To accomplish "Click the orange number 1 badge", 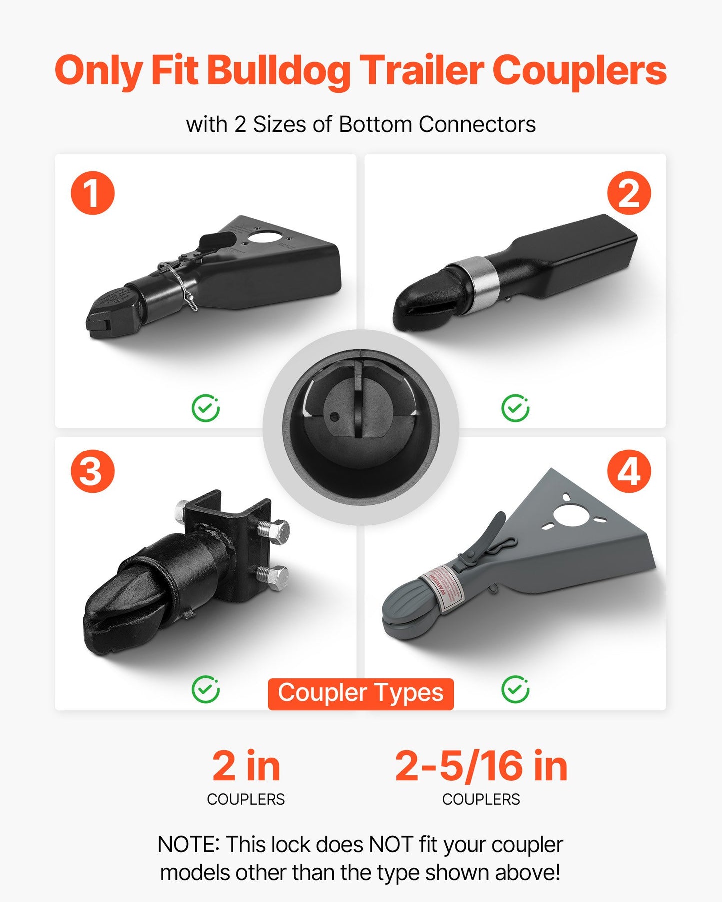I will click(x=93, y=193).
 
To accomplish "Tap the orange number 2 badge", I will click(x=629, y=193).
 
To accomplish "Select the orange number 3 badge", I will click(x=93, y=471).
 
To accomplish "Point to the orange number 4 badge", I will click(x=629, y=471).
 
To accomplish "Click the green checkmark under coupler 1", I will click(x=205, y=408).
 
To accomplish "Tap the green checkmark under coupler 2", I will click(x=515, y=408).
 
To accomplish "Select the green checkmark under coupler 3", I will click(x=205, y=690).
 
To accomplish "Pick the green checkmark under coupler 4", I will click(x=515, y=690).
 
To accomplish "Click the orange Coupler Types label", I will click(x=361, y=694).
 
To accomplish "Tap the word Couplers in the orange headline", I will click(x=579, y=71).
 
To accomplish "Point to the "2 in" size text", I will click(x=246, y=766).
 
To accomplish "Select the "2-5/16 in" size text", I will click(x=481, y=766).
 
